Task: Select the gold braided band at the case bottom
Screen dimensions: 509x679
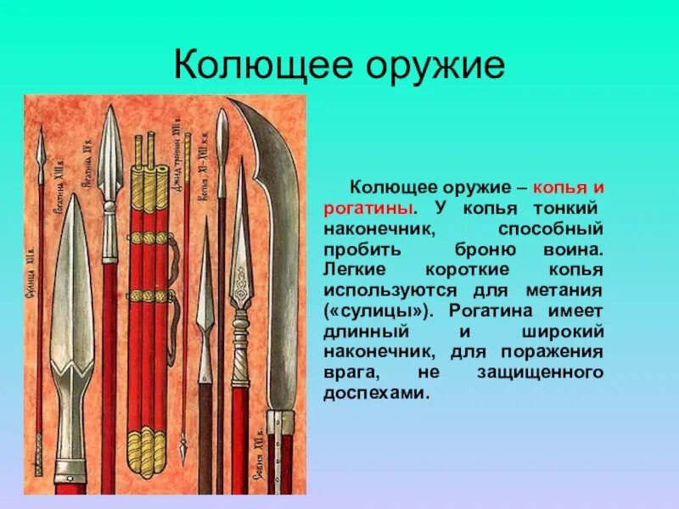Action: [148, 441]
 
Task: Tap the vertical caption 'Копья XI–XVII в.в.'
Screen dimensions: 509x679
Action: [204, 169]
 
